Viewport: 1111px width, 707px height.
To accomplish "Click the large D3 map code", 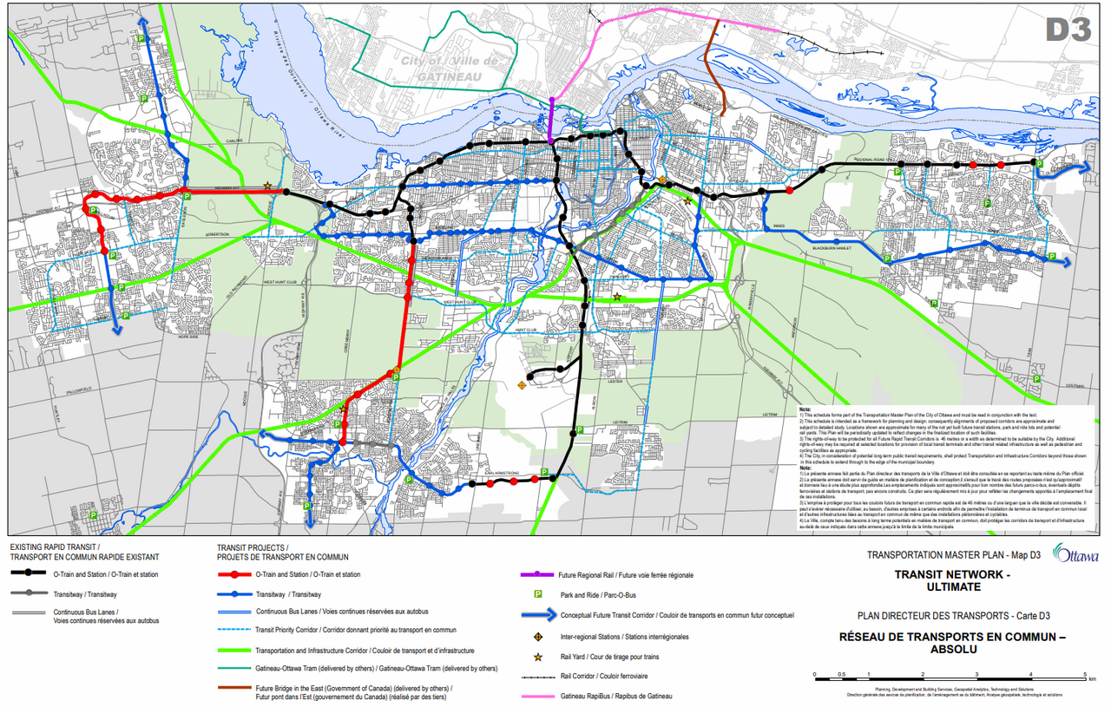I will [x=1067, y=29].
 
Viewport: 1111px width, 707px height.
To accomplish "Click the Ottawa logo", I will [x=1075, y=554].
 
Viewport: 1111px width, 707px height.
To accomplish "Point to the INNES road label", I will [x=779, y=226].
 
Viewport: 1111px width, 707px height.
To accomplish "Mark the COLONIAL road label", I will [x=1076, y=387].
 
